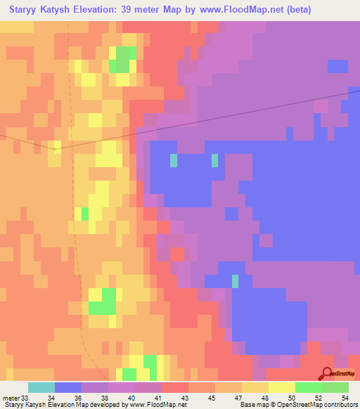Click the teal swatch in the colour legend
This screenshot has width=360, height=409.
pyautogui.click(x=41, y=387)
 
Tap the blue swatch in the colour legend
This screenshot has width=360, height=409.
pyautogui.click(x=68, y=387)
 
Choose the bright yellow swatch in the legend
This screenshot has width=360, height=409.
pyautogui.click(x=282, y=387)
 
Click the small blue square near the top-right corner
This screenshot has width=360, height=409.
pyautogui.click(x=337, y=66)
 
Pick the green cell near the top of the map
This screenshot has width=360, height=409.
pyautogui.click(x=123, y=59)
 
